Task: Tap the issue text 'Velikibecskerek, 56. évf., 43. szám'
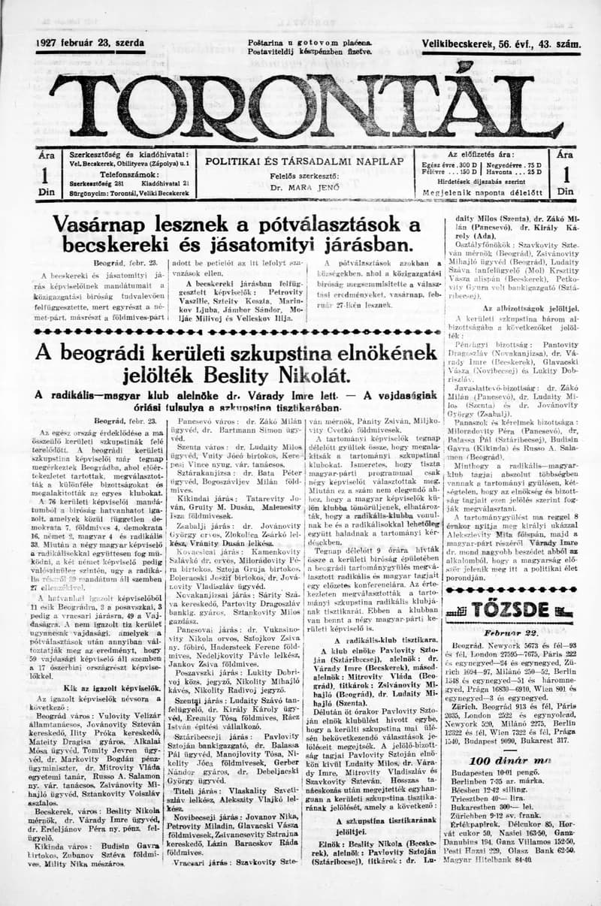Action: [501, 45]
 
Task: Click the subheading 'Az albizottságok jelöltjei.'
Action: [519, 308]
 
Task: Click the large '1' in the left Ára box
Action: [46, 174]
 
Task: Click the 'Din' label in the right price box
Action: [564, 192]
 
